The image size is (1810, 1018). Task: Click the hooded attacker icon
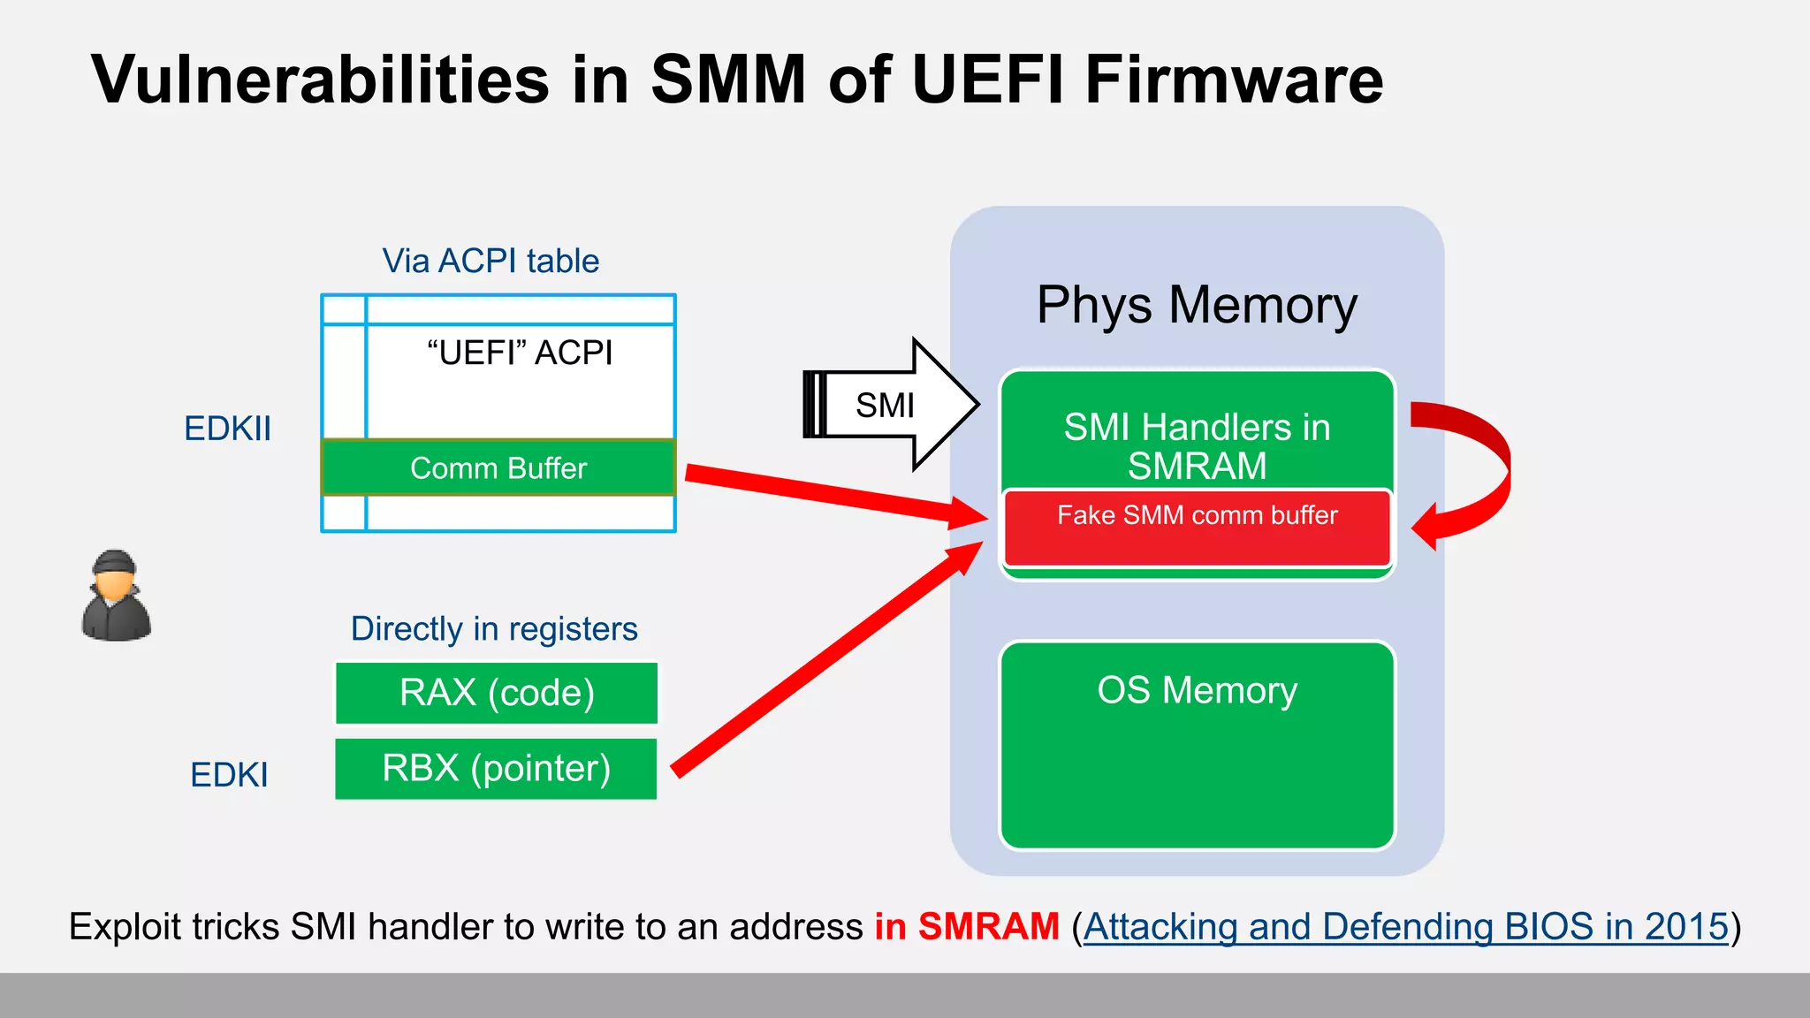[116, 596]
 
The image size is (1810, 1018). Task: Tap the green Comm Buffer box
[498, 467]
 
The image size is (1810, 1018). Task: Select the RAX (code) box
[496, 693]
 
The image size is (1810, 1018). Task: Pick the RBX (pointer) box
[496, 769]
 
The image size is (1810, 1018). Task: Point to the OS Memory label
[1197, 690]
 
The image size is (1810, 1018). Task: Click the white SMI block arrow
[893, 405]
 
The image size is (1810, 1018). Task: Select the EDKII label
[227, 429]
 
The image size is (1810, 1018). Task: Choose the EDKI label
[229, 775]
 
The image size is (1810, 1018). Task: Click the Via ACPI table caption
[491, 261]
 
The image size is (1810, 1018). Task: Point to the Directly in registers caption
[494, 629]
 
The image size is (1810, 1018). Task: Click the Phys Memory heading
[1197, 306]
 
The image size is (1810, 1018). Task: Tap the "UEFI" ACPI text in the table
[520, 353]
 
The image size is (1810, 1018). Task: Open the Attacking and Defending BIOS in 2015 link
[1405, 927]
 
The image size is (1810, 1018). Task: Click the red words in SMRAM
[967, 927]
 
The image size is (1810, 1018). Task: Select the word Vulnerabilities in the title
[320, 80]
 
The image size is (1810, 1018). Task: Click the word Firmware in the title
[1234, 80]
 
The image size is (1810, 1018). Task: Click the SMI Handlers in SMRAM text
[1197, 446]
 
